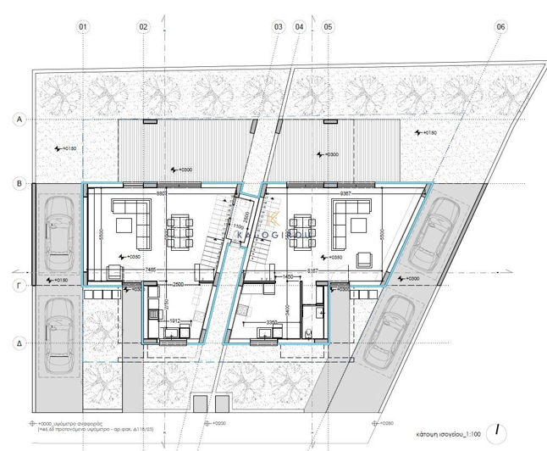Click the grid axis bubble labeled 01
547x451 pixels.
[x=83, y=27]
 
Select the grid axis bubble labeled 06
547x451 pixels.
[x=501, y=27]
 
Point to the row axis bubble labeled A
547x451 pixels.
[x=19, y=121]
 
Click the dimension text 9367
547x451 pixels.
[x=347, y=192]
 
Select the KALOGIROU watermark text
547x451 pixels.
[x=275, y=228]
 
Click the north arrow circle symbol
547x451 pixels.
[x=501, y=429]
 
